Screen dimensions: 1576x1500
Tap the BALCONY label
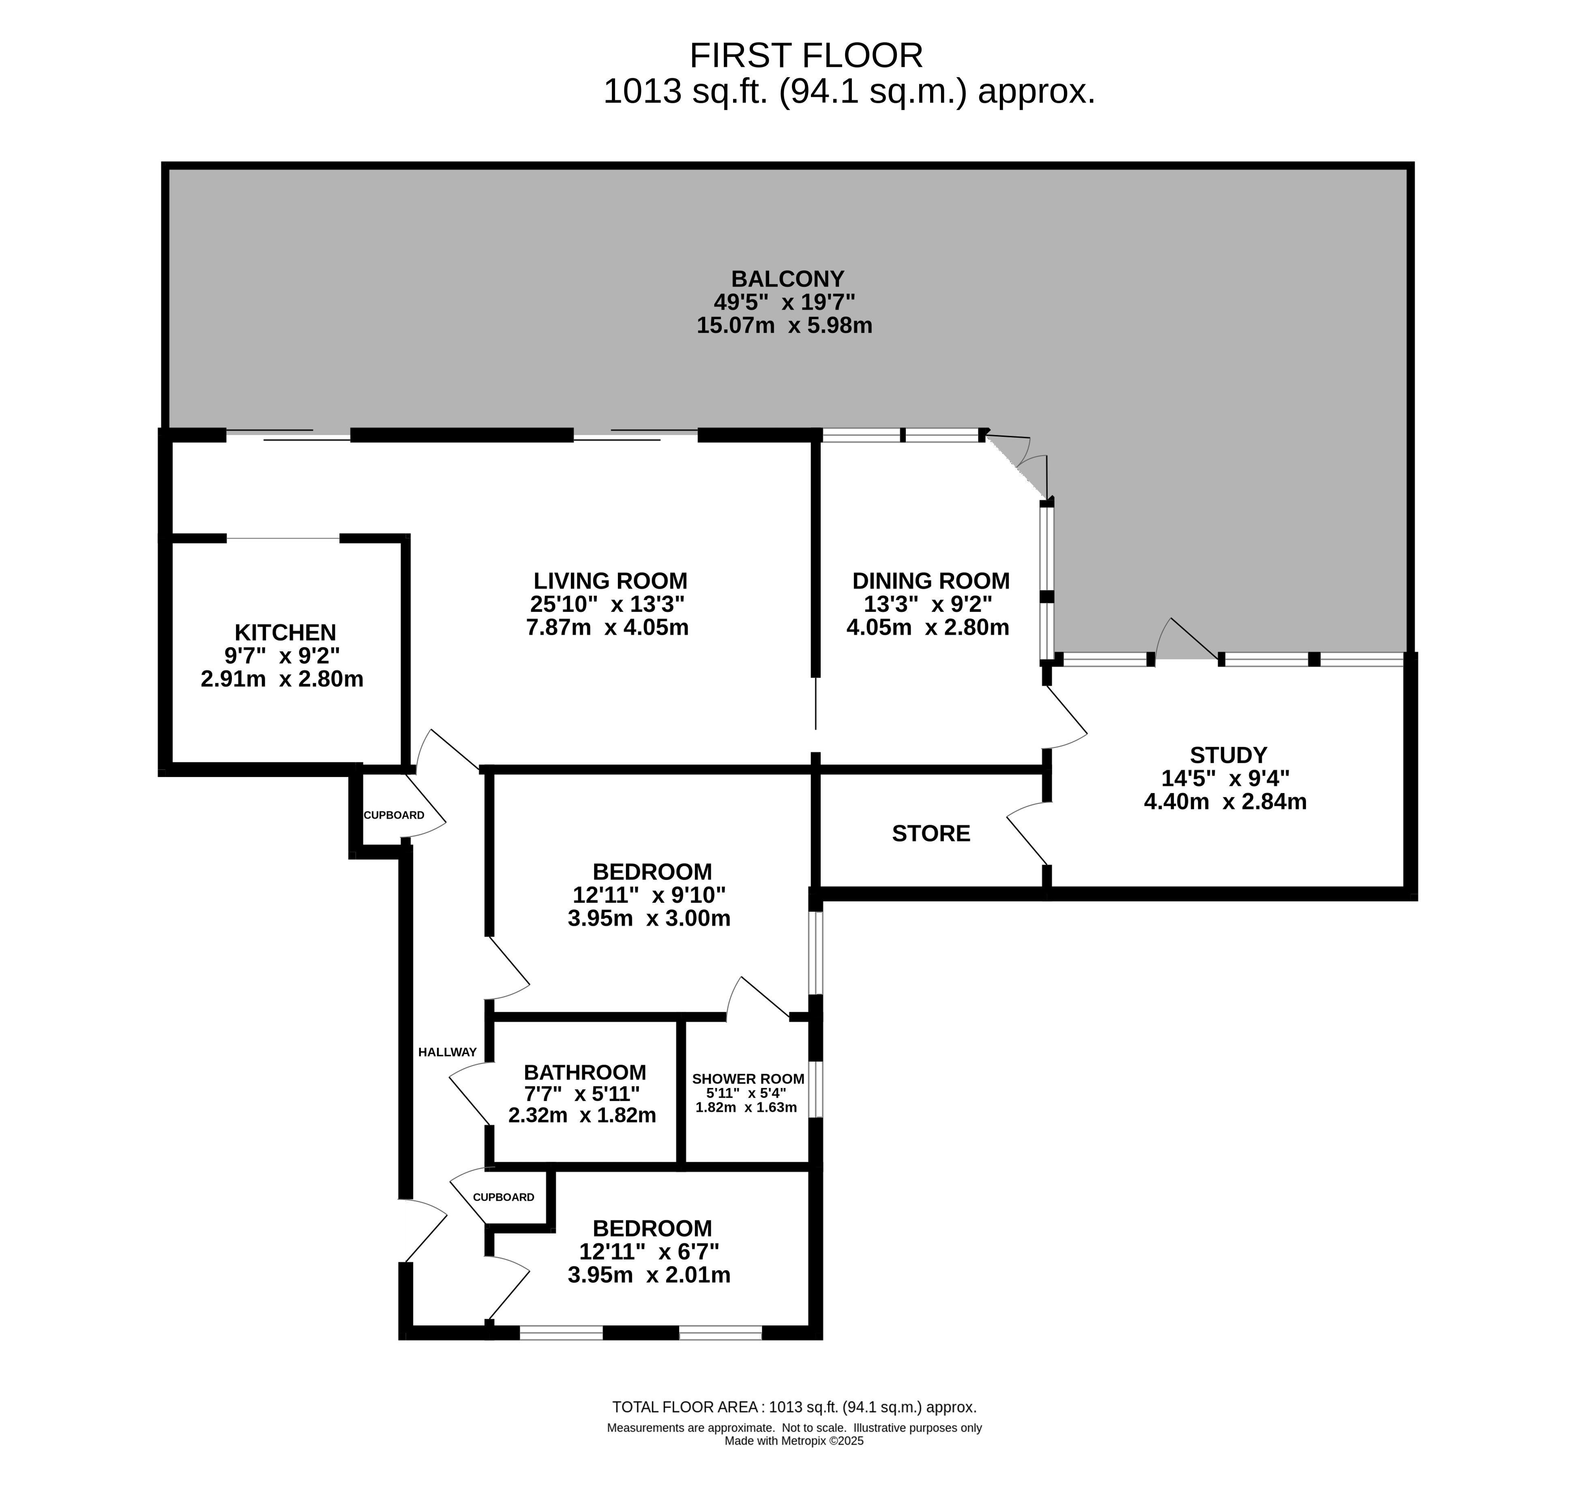pos(788,279)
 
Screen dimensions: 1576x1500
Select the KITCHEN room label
pos(285,633)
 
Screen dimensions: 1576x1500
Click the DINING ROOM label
pos(931,580)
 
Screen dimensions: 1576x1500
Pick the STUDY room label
pos(1228,755)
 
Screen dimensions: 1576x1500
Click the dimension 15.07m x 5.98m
pos(785,326)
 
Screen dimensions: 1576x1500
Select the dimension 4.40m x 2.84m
pos(1225,801)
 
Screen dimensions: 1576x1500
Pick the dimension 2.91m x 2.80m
pos(282,679)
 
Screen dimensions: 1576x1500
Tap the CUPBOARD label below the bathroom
pos(503,1197)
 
